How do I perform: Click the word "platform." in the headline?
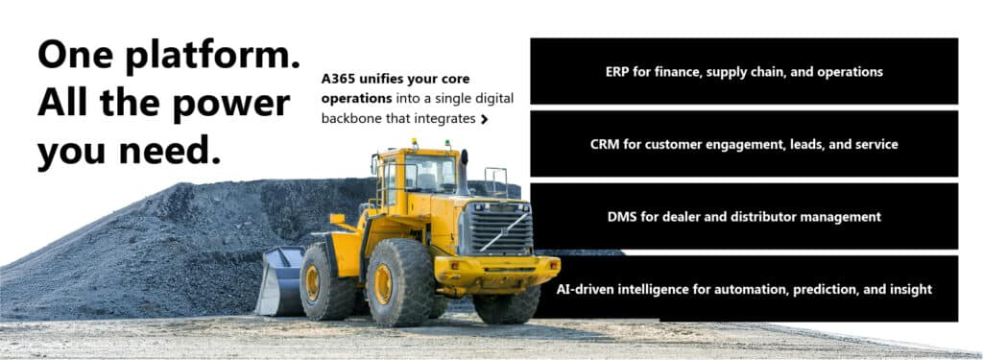pos(212,56)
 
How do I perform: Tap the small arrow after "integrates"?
pos(484,120)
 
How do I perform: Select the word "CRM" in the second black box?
pos(606,145)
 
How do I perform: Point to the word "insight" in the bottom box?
pos(909,289)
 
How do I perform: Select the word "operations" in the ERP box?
pos(851,72)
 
